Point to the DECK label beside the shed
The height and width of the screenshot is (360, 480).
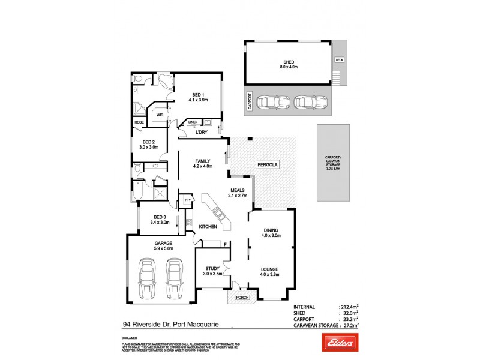tap(340, 59)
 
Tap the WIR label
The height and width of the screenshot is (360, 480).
tap(160, 114)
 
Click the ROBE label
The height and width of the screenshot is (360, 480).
tap(139, 122)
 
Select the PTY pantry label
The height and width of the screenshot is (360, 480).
tap(188, 200)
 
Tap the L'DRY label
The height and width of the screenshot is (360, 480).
tap(193, 133)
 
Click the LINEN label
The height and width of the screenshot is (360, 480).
tap(193, 122)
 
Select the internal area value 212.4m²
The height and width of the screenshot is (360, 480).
tap(348, 305)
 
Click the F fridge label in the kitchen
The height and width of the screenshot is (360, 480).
tap(224, 244)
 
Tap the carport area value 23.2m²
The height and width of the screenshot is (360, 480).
tap(349, 319)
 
